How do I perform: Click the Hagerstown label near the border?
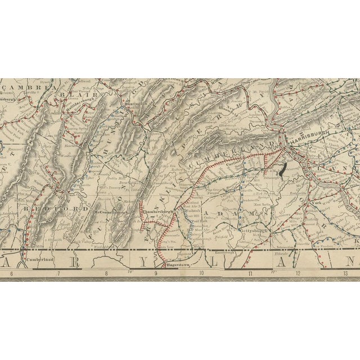[177, 264]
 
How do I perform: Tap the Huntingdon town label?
[138, 103]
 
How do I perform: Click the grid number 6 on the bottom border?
[11, 274]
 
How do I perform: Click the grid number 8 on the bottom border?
[106, 274]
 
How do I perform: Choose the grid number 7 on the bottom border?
[58, 274]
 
